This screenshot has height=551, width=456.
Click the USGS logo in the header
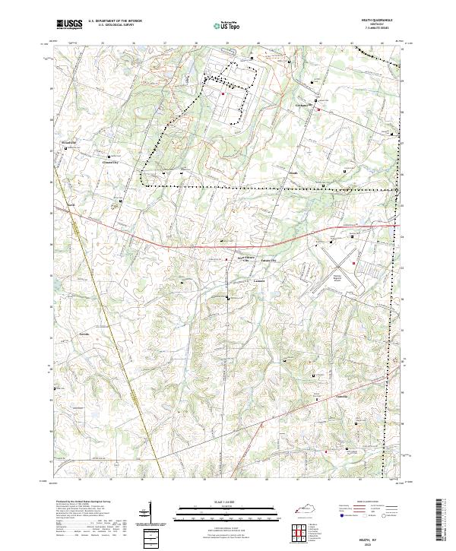coord(68,24)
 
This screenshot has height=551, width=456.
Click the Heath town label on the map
coord(293,173)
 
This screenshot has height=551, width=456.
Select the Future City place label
coord(269,261)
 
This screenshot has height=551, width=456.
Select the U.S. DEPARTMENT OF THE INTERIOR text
coord(114,21)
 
